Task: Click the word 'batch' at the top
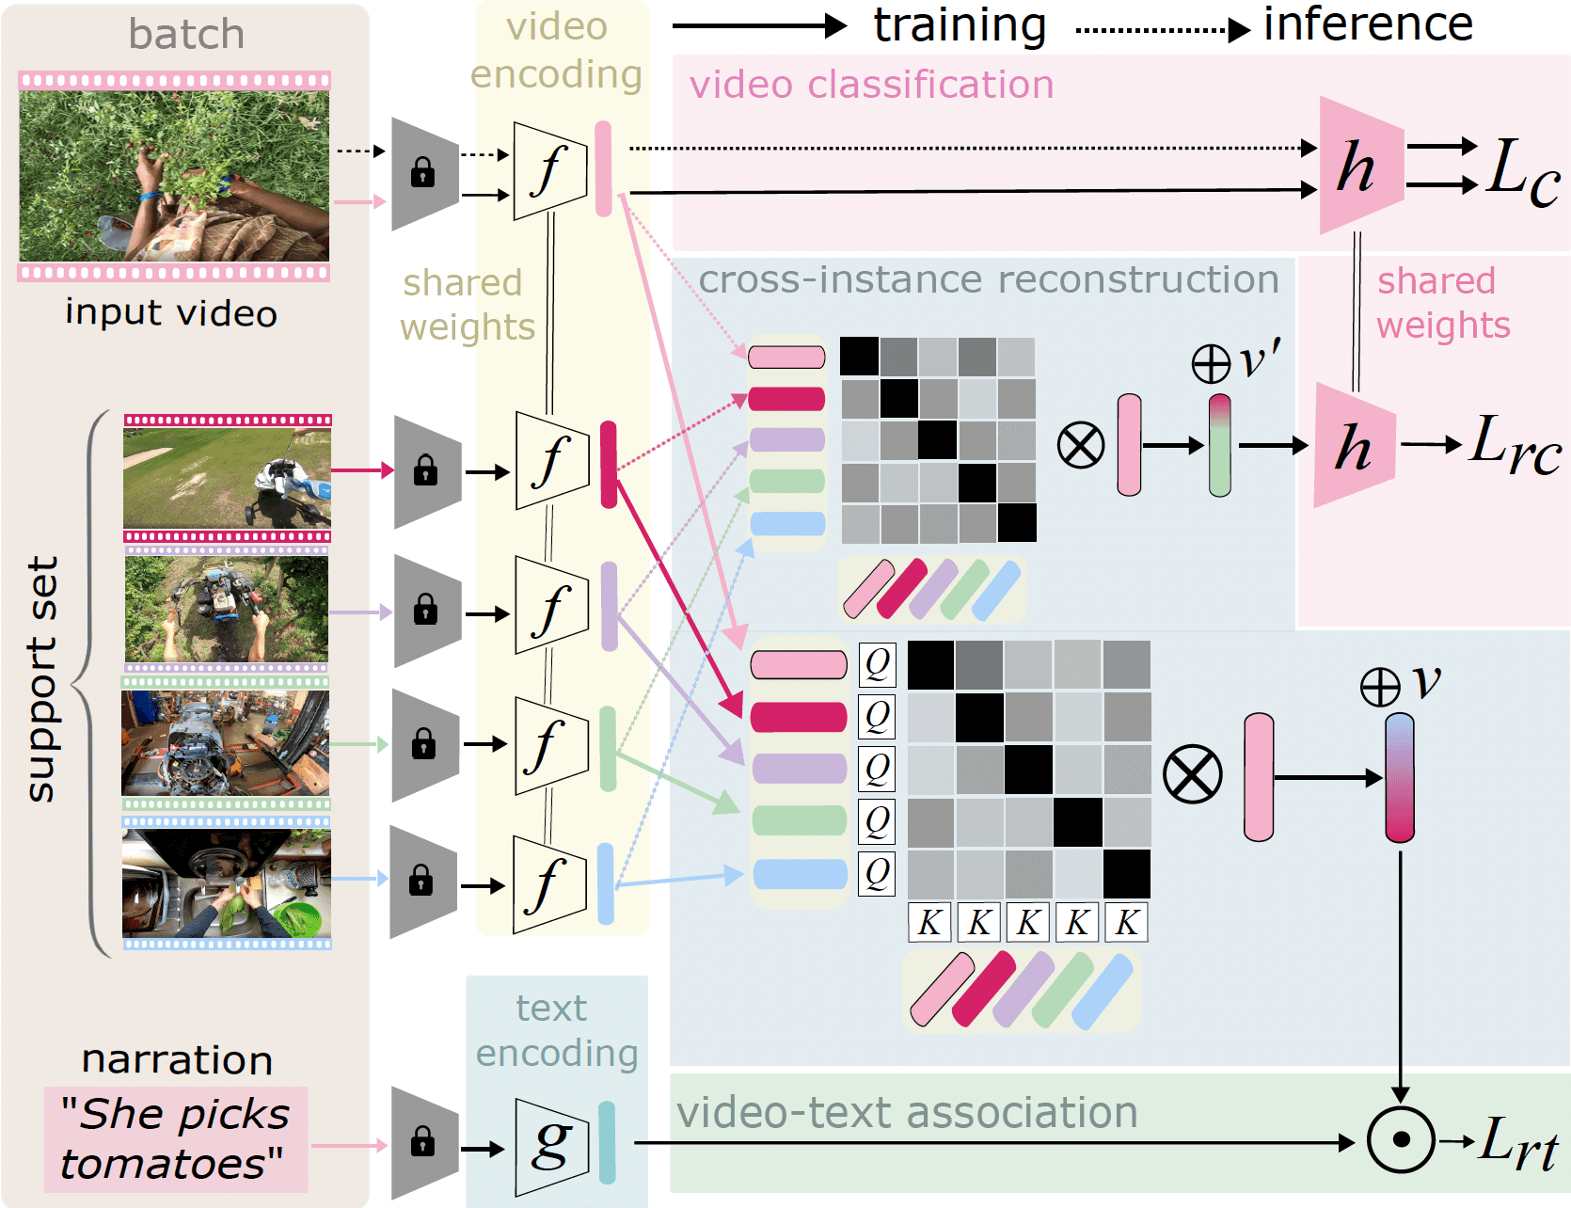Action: [186, 35]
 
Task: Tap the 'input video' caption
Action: [171, 313]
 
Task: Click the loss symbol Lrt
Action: [1516, 1142]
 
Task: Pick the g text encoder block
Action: [551, 1147]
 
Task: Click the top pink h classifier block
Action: [1358, 167]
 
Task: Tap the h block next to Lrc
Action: [1353, 446]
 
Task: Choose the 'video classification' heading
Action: [871, 85]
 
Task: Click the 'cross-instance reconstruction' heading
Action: [988, 279]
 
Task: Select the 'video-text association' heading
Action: [907, 1113]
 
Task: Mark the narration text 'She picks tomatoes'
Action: [176, 1139]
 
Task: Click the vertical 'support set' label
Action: [42, 679]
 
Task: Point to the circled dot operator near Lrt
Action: [1401, 1140]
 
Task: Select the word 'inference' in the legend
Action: [1367, 24]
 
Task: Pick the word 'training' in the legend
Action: [960, 25]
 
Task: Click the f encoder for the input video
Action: [550, 170]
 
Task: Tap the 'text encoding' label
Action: [556, 1030]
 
